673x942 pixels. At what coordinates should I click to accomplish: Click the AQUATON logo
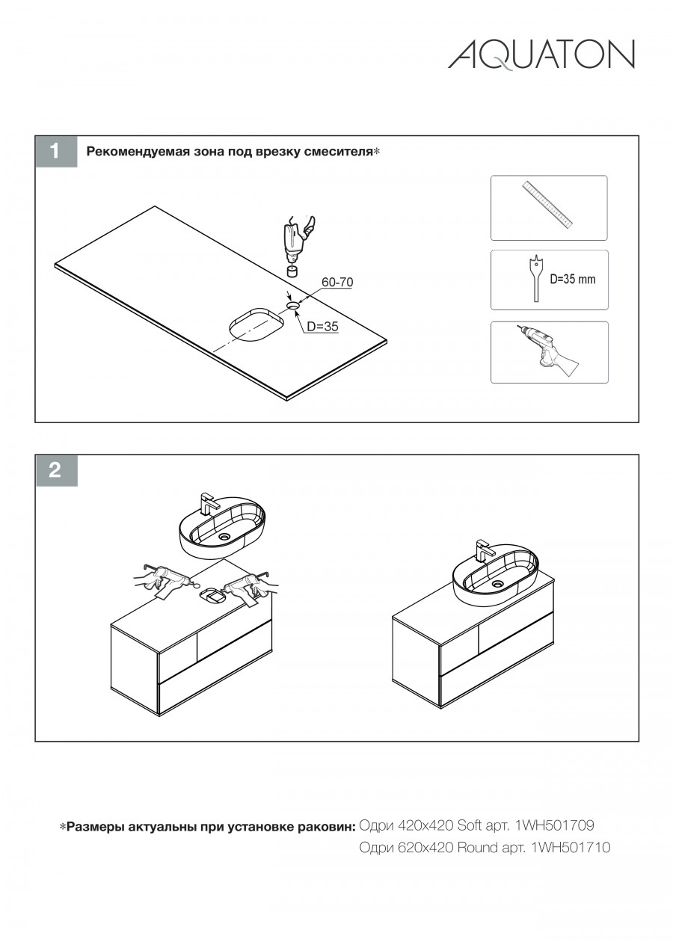pos(541,55)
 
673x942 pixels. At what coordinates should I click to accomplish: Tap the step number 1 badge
pos(56,151)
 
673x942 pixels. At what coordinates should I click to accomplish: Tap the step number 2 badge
pos(56,470)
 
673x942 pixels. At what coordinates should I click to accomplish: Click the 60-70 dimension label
pos(337,282)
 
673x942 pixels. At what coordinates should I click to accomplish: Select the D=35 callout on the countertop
pos(322,326)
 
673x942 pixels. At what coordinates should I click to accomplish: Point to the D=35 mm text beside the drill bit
pos(573,279)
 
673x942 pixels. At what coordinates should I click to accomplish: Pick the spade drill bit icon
pos(535,277)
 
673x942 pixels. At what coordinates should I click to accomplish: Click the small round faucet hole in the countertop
pos(293,305)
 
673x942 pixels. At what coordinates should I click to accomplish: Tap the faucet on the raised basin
pos(208,503)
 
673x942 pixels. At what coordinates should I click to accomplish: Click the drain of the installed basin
pos(499,584)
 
